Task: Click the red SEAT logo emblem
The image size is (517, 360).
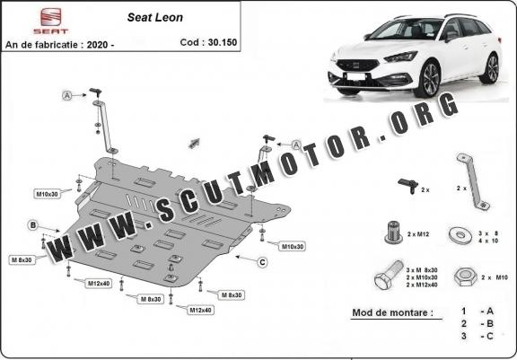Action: tap(51, 17)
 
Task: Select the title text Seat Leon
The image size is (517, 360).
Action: tap(155, 17)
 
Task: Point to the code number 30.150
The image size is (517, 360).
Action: tap(223, 42)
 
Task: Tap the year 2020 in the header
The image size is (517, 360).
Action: tap(97, 45)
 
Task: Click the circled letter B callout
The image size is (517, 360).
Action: tap(32, 225)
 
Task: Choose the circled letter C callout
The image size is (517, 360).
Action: tap(262, 262)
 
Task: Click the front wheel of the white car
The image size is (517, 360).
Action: tap(427, 79)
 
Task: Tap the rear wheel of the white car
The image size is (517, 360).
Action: tap(490, 68)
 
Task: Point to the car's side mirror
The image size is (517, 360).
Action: tap(451, 36)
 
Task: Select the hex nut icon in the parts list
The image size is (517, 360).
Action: tap(465, 277)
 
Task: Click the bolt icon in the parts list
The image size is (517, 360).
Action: tap(389, 276)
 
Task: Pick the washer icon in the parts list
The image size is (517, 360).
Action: tap(460, 235)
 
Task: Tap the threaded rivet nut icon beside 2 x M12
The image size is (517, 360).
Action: tap(393, 233)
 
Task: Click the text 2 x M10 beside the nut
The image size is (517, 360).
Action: tap(495, 277)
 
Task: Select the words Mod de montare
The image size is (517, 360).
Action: tap(393, 312)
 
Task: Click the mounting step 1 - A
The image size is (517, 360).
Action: tap(478, 312)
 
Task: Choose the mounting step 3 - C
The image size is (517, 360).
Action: tap(478, 337)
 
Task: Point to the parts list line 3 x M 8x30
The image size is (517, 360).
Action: tap(422, 270)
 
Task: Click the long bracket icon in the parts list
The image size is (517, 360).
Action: tap(473, 181)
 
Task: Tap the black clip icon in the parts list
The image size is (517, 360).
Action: tap(408, 186)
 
